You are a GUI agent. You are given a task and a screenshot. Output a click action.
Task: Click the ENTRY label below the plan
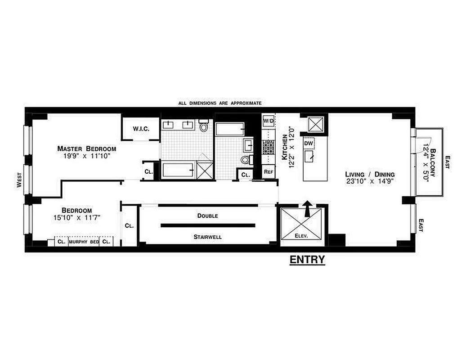(307, 260)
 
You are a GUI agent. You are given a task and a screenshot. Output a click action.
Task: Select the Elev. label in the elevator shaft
(301, 235)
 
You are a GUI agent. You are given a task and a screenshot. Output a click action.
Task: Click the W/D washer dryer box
(268, 121)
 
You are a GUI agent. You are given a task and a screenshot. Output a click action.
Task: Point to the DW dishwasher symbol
(309, 143)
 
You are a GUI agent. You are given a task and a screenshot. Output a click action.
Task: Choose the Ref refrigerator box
(268, 171)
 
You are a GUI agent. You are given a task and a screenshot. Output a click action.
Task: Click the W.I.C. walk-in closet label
(140, 129)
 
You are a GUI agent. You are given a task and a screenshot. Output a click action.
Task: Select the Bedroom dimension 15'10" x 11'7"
(77, 217)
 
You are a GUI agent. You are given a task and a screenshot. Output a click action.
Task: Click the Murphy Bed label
(84, 242)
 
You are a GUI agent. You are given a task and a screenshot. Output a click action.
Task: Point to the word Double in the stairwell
(207, 216)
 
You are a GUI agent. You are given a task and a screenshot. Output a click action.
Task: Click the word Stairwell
(207, 236)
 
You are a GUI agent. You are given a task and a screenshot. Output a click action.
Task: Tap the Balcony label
(433, 164)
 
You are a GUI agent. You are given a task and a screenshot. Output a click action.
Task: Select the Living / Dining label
(370, 174)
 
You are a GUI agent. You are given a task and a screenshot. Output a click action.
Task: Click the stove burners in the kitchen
(268, 147)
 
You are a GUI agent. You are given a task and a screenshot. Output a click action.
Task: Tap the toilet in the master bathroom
(204, 126)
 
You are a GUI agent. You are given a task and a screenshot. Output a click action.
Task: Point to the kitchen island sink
(309, 156)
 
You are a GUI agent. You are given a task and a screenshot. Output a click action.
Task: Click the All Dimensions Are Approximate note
(220, 103)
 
